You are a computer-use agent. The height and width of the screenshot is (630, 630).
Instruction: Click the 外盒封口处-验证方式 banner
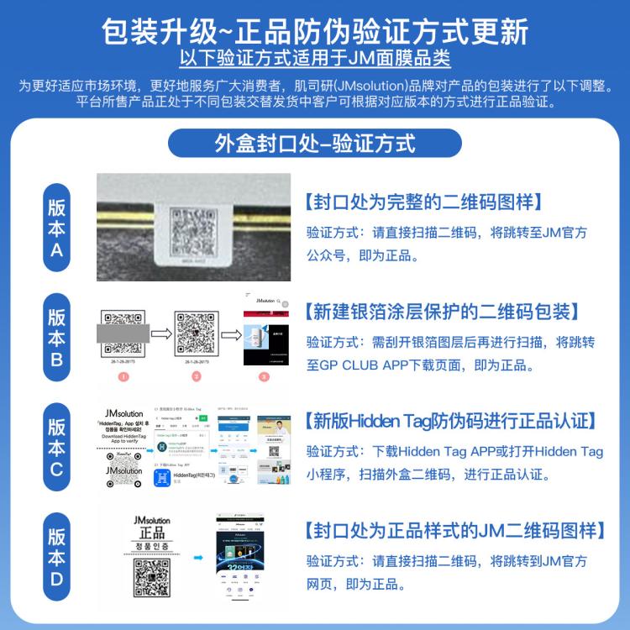(314, 142)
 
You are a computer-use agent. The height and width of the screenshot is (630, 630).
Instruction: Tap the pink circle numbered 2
(195, 377)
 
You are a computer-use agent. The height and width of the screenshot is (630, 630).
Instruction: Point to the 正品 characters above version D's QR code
(152, 534)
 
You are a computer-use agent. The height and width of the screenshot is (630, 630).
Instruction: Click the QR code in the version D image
(152, 576)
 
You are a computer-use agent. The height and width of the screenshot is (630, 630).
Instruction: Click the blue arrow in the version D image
(198, 556)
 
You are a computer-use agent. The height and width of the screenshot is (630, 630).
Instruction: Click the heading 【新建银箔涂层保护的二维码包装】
(441, 312)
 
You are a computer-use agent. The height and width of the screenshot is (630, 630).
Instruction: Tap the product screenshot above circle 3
(265, 332)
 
